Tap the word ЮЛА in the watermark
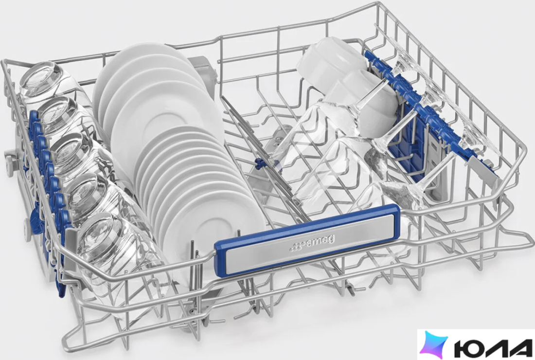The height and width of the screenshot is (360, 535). pyautogui.click(x=493, y=345)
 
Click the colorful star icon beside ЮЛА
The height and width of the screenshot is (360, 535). pyautogui.click(x=434, y=344)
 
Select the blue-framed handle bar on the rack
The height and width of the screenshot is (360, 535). pyautogui.click(x=307, y=241)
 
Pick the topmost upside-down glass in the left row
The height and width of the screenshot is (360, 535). pyautogui.click(x=43, y=81)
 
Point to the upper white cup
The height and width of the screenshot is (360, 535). pyautogui.click(x=327, y=61)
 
